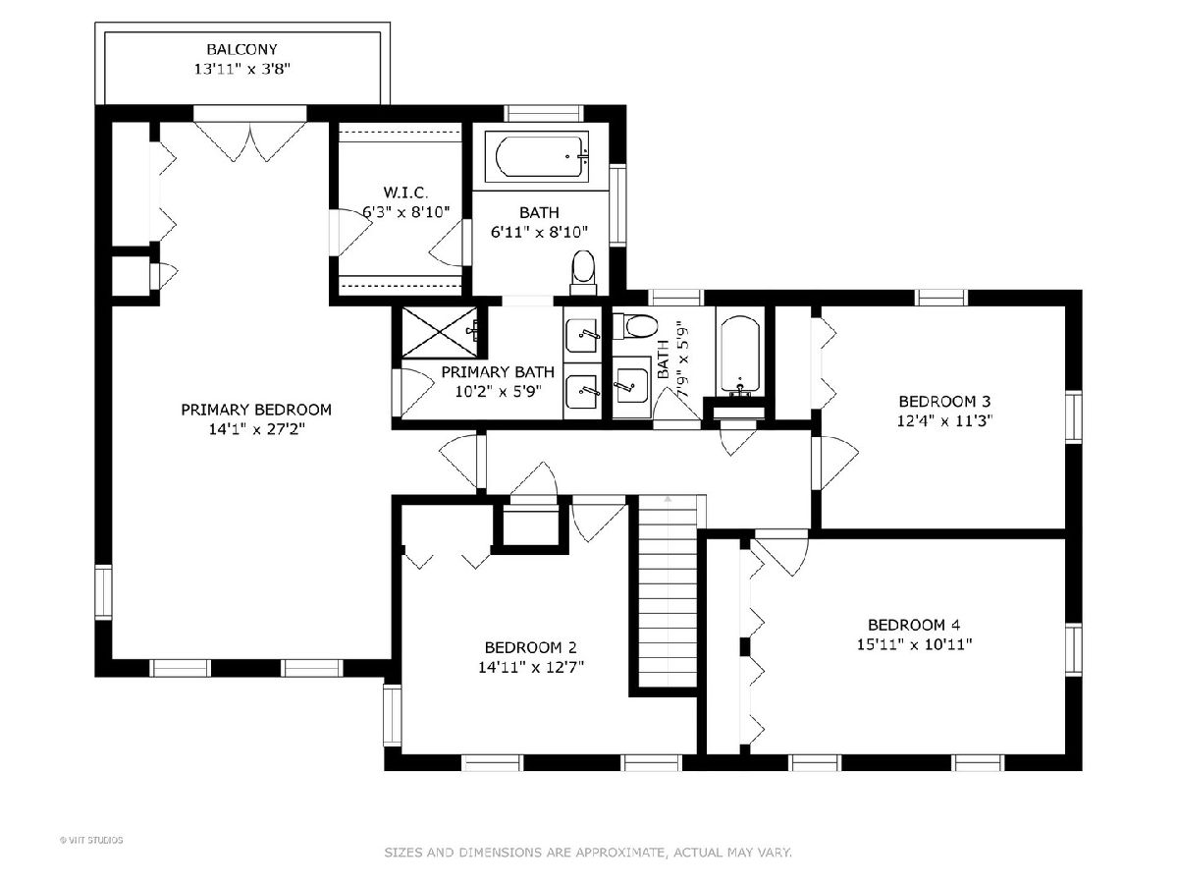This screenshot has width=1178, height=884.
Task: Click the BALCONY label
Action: [242, 49]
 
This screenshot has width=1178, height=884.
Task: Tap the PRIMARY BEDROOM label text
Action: [256, 410]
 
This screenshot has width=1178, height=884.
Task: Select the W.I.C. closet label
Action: [405, 193]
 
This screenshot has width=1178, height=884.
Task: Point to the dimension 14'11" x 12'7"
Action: [531, 667]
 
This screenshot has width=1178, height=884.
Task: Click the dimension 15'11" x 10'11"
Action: [915, 644]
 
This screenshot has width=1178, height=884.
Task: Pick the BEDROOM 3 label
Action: [944, 402]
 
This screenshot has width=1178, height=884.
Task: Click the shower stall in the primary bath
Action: [440, 332]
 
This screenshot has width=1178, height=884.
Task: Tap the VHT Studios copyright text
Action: [91, 840]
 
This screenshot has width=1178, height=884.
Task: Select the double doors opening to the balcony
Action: [250, 140]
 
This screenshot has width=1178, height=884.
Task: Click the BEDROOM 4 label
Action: [914, 625]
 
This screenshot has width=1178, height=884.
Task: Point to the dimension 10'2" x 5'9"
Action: [498, 391]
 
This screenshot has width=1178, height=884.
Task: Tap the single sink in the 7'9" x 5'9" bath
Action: [631, 385]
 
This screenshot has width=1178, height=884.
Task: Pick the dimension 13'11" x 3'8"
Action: [242, 69]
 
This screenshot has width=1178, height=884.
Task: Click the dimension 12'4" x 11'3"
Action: [944, 420]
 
